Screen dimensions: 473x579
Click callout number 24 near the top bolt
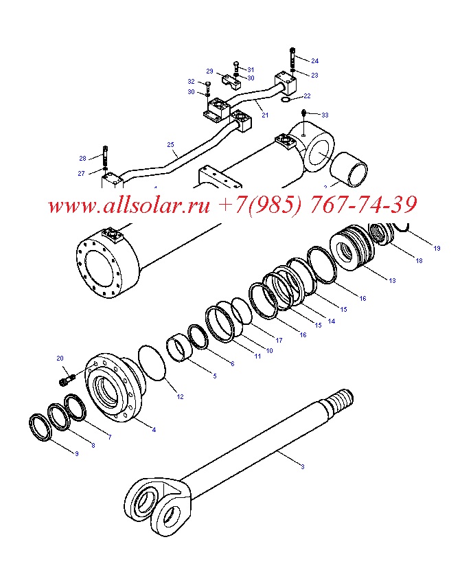click(314, 61)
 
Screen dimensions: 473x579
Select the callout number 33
click(325, 115)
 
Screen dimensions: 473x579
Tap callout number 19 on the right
click(437, 249)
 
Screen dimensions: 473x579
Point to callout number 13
click(392, 281)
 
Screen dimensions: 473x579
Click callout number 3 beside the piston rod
click(303, 467)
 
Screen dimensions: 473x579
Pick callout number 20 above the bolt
click(60, 358)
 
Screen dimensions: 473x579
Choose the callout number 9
click(77, 453)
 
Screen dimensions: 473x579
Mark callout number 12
click(180, 397)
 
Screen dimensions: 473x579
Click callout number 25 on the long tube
click(170, 145)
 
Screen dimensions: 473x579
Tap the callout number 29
click(209, 71)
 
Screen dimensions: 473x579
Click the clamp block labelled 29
click(231, 80)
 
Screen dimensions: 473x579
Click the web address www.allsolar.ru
click(129, 205)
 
